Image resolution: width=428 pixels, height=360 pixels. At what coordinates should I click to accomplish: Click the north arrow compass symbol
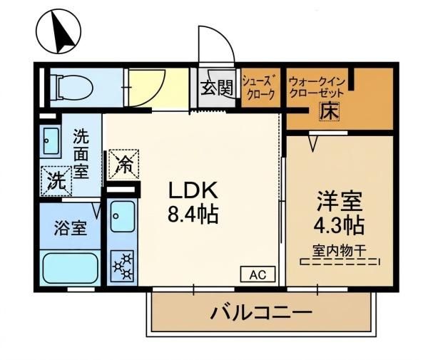[58, 31]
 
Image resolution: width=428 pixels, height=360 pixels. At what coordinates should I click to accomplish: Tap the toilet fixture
[71, 87]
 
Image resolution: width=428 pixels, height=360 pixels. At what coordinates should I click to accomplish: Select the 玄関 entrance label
[217, 88]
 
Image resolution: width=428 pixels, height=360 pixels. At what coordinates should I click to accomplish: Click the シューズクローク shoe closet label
[260, 87]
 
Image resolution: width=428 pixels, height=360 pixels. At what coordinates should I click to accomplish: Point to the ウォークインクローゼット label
[317, 87]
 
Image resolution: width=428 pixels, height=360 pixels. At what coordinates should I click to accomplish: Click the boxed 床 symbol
[329, 111]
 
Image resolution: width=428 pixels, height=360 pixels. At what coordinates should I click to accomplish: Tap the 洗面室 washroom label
[81, 154]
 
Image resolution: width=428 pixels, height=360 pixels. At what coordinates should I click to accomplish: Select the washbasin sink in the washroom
[51, 141]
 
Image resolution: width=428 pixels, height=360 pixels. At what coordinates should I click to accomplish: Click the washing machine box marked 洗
[56, 181]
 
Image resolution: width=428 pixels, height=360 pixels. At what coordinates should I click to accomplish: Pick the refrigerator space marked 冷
[124, 164]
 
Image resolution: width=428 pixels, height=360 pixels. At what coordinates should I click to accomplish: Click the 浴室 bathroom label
[71, 228]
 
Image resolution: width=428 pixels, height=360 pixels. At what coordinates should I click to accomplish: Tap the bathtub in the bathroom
[71, 268]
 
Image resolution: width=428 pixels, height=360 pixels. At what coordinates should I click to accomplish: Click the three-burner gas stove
[122, 266]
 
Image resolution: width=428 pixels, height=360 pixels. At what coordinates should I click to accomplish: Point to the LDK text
[193, 190]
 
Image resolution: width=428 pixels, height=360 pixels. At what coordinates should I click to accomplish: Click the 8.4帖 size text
[193, 214]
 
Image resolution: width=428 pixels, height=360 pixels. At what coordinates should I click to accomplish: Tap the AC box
[258, 274]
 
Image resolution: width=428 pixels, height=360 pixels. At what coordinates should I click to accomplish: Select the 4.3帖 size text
[339, 226]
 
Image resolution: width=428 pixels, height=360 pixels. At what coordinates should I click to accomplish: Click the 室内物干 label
[340, 251]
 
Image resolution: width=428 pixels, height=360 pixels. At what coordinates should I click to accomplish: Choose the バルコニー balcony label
[261, 312]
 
